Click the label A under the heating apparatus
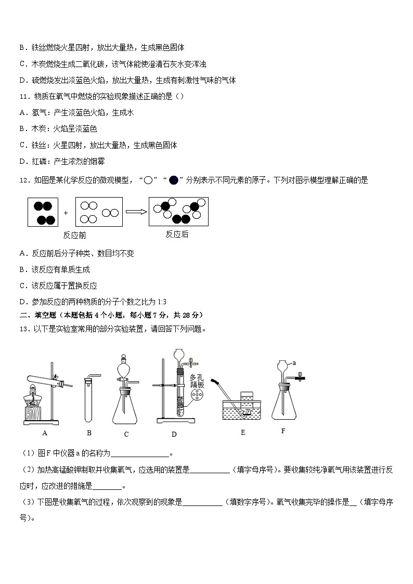(x=45, y=433)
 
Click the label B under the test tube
(x=89, y=433)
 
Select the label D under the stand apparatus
(x=174, y=434)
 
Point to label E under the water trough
(x=242, y=432)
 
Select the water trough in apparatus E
(x=243, y=411)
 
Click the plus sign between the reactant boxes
(x=66, y=213)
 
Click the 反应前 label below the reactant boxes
(x=74, y=235)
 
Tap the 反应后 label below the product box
(x=177, y=234)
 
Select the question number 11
(x=23, y=96)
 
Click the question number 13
(x=23, y=328)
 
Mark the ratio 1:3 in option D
(x=161, y=302)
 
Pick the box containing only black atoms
(x=43, y=212)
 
